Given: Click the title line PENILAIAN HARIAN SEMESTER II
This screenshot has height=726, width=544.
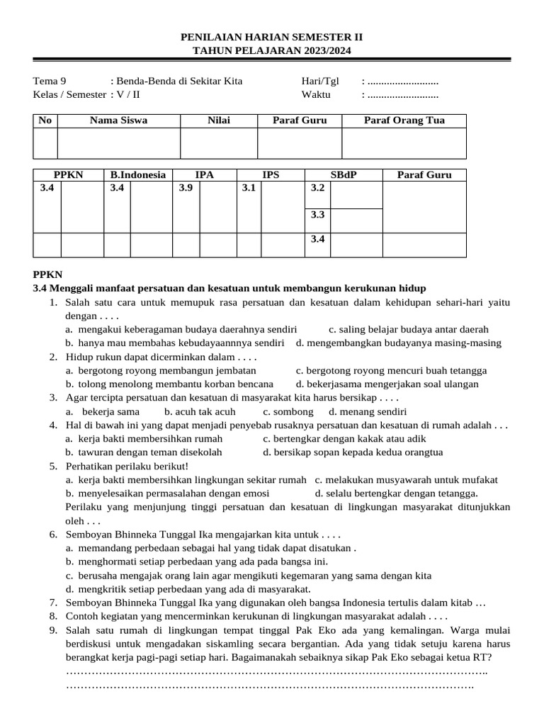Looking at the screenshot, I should tap(271, 37).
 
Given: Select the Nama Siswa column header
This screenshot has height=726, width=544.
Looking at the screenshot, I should tap(118, 121).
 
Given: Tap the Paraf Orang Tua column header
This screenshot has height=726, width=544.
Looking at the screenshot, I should tap(404, 121).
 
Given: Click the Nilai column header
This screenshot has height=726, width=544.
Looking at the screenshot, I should tap(218, 121).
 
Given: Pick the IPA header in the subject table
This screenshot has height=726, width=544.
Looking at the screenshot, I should tap(204, 175).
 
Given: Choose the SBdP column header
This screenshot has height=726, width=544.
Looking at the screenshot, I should tap(343, 175).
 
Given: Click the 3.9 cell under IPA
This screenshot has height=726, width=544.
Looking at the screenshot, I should tap(186, 188).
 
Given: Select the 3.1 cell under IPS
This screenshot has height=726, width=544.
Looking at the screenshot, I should tap(249, 188).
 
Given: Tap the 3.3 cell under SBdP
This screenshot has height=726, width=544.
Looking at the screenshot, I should tap(317, 215).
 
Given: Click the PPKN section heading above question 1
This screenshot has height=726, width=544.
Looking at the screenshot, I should tap(47, 275).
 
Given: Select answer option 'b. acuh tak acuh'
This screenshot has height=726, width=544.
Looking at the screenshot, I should tap(200, 411).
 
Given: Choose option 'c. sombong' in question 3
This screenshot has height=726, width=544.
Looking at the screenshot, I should tap(288, 411).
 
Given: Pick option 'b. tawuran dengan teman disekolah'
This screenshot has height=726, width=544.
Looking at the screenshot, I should tap(144, 452).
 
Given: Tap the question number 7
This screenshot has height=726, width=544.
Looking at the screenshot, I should tap(53, 603).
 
